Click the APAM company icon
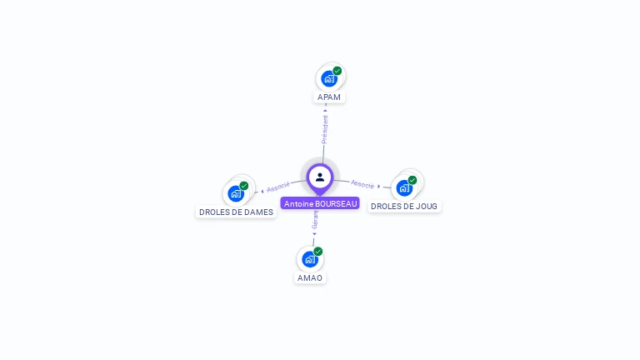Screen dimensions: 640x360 tap(329, 79)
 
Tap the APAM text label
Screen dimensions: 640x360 tap(329, 97)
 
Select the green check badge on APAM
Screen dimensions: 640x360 tap(337, 71)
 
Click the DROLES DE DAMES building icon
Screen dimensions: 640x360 tap(236, 194)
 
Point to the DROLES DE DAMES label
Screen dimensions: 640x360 tap(236, 212)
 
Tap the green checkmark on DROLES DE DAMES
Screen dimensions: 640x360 tap(244, 186)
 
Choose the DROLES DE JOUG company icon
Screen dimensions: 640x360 tap(404, 187)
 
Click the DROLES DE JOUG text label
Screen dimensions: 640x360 tap(404, 206)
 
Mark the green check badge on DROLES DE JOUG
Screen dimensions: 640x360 tap(412, 180)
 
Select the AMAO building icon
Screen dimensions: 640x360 tap(310, 259)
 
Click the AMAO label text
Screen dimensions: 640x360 tap(310, 277)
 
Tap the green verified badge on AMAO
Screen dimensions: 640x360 tap(318, 251)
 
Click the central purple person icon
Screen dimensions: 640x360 tap(320, 177)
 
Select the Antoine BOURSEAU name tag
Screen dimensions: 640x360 tap(320, 203)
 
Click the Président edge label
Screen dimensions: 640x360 tap(325, 128)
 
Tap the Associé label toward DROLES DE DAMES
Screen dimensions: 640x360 tap(278, 187)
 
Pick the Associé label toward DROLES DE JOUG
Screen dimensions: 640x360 tap(362, 183)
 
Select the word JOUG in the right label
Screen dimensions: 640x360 tap(426, 206)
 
